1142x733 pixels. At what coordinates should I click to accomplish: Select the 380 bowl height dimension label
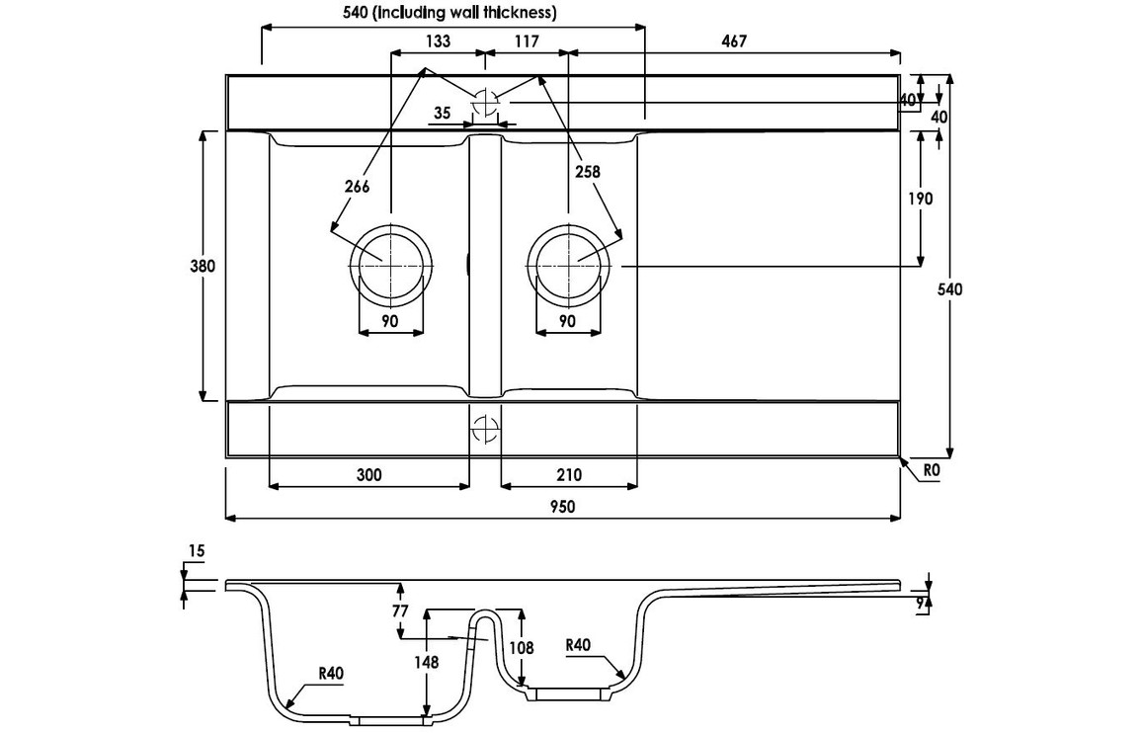[204, 265]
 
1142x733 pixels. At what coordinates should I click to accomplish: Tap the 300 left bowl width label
[367, 475]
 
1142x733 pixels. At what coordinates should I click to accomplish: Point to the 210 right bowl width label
[569, 475]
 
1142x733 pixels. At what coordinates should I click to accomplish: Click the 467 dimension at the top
[733, 41]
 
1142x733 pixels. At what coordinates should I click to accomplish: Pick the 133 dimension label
[437, 41]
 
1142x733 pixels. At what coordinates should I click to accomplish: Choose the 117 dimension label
[526, 41]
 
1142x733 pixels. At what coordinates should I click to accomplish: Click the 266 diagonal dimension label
[357, 188]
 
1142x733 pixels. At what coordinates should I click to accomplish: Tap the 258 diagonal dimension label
[587, 171]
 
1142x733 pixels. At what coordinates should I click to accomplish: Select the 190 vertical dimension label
[920, 199]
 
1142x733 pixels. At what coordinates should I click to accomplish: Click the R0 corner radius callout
[931, 473]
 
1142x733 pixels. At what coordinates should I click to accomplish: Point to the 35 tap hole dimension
[442, 113]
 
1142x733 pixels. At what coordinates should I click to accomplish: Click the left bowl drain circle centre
[390, 264]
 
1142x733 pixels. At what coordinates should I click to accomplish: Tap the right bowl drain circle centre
[569, 264]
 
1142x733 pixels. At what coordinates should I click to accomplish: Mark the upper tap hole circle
[485, 101]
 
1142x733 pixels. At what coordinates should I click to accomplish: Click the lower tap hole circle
[485, 429]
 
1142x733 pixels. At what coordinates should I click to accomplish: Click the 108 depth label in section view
[523, 648]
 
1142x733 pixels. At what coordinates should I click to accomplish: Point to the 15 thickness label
[196, 554]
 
